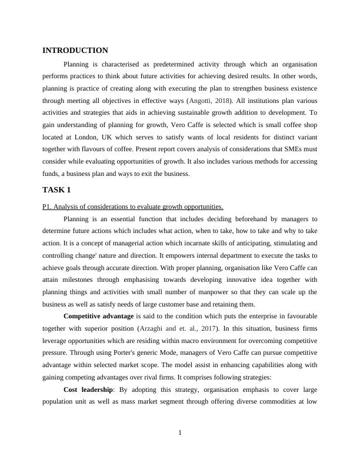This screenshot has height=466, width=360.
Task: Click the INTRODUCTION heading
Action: pos(75,51)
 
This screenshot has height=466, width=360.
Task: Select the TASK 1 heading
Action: pos(56,190)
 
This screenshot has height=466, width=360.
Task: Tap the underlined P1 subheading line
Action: pos(133,207)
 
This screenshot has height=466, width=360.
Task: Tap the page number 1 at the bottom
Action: pos(180,434)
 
